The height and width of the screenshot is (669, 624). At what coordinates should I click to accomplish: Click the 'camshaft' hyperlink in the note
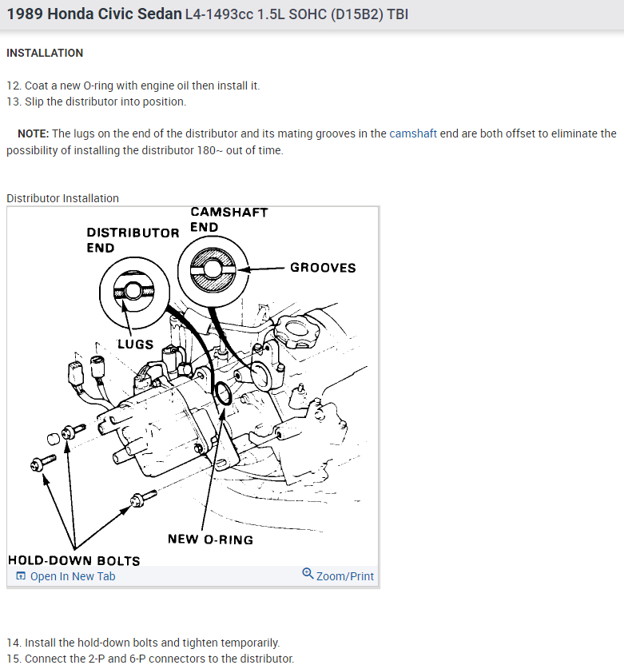(x=412, y=133)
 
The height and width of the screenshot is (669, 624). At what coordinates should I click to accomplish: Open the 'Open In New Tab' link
(x=72, y=576)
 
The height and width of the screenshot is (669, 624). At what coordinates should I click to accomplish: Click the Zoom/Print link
(x=344, y=576)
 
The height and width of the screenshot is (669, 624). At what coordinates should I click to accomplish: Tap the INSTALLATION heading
(x=45, y=53)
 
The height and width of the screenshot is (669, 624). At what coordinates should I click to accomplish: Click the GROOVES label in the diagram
(x=323, y=268)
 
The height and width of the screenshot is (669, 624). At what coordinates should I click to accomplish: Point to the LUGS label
(x=136, y=344)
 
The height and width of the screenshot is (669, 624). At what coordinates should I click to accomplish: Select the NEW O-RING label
(x=210, y=540)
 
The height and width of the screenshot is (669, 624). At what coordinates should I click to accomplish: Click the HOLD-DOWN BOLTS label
(x=74, y=560)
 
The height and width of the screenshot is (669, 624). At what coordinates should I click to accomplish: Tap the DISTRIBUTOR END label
(x=133, y=240)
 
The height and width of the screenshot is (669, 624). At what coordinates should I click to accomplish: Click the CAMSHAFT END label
(x=229, y=219)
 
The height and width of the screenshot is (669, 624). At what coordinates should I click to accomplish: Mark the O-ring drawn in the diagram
(x=224, y=394)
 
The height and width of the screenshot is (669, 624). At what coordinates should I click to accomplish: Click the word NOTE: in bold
(x=34, y=133)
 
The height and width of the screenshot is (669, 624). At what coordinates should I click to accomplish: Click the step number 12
(x=13, y=86)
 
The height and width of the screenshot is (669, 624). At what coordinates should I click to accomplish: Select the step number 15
(x=13, y=659)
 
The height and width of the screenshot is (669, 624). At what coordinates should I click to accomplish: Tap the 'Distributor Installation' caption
(x=62, y=198)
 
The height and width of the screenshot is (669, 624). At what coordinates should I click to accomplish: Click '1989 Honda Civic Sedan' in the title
(x=93, y=14)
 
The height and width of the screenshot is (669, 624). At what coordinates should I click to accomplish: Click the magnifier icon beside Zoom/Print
(x=308, y=574)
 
